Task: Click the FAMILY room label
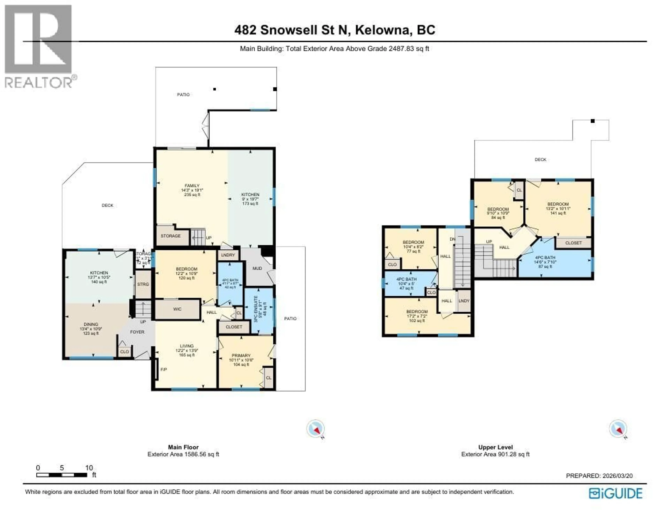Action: coord(192,190)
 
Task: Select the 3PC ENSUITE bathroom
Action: coord(259,310)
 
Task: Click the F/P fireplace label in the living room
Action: coord(164,370)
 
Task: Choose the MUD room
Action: coord(257,268)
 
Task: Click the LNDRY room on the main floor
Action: coord(228,255)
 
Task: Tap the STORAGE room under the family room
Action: coord(171,236)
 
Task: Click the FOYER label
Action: coord(137,332)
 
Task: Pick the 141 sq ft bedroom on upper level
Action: coord(558,208)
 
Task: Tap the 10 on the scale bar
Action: coord(89,468)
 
